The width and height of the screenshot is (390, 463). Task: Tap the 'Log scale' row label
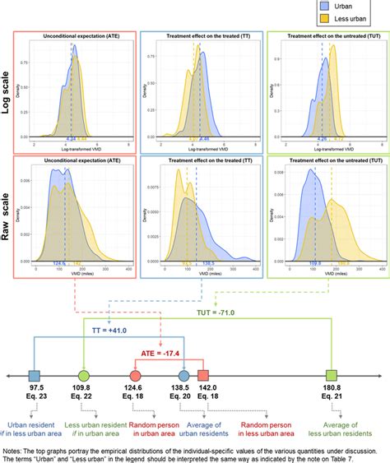(11, 93)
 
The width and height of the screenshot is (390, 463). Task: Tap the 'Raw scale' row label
(11, 215)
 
